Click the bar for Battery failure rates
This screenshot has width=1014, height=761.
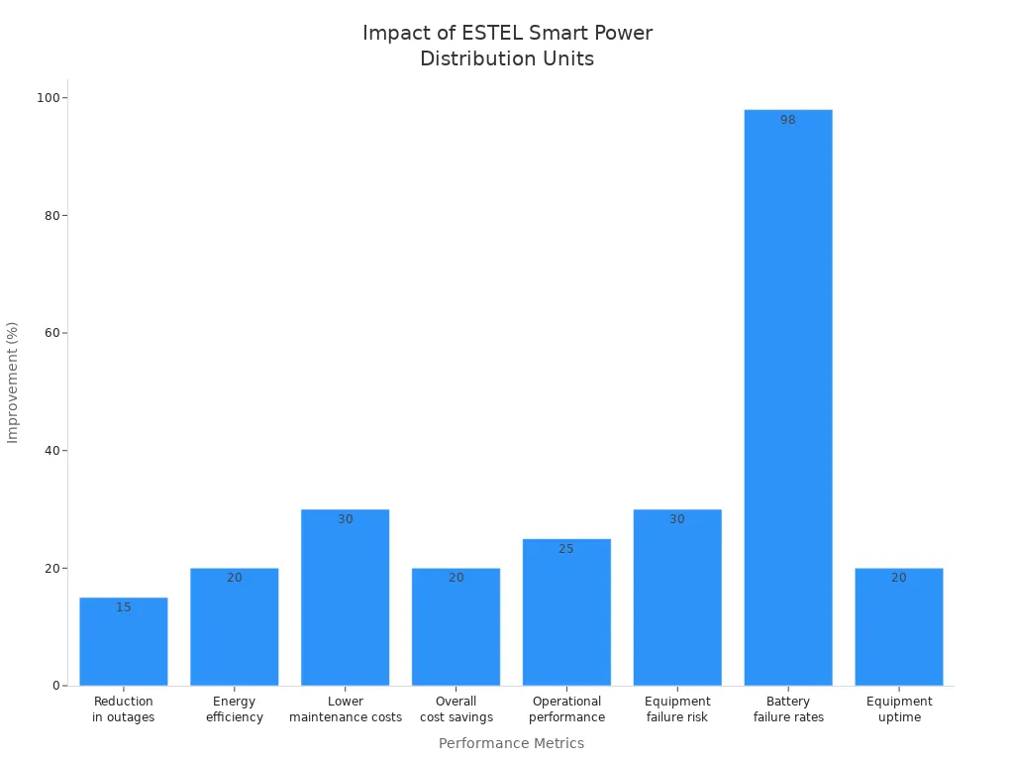(788, 396)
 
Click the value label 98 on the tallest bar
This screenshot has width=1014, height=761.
(788, 120)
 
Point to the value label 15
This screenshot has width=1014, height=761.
(124, 607)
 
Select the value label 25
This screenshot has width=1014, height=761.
(566, 549)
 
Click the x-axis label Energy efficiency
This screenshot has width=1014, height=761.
(235, 709)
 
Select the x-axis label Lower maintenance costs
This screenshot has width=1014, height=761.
(346, 709)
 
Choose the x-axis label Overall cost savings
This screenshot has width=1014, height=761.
(456, 709)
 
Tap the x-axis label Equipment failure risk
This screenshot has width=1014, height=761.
(677, 709)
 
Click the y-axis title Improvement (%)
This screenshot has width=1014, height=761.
(13, 382)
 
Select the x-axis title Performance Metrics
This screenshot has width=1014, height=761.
(511, 743)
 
